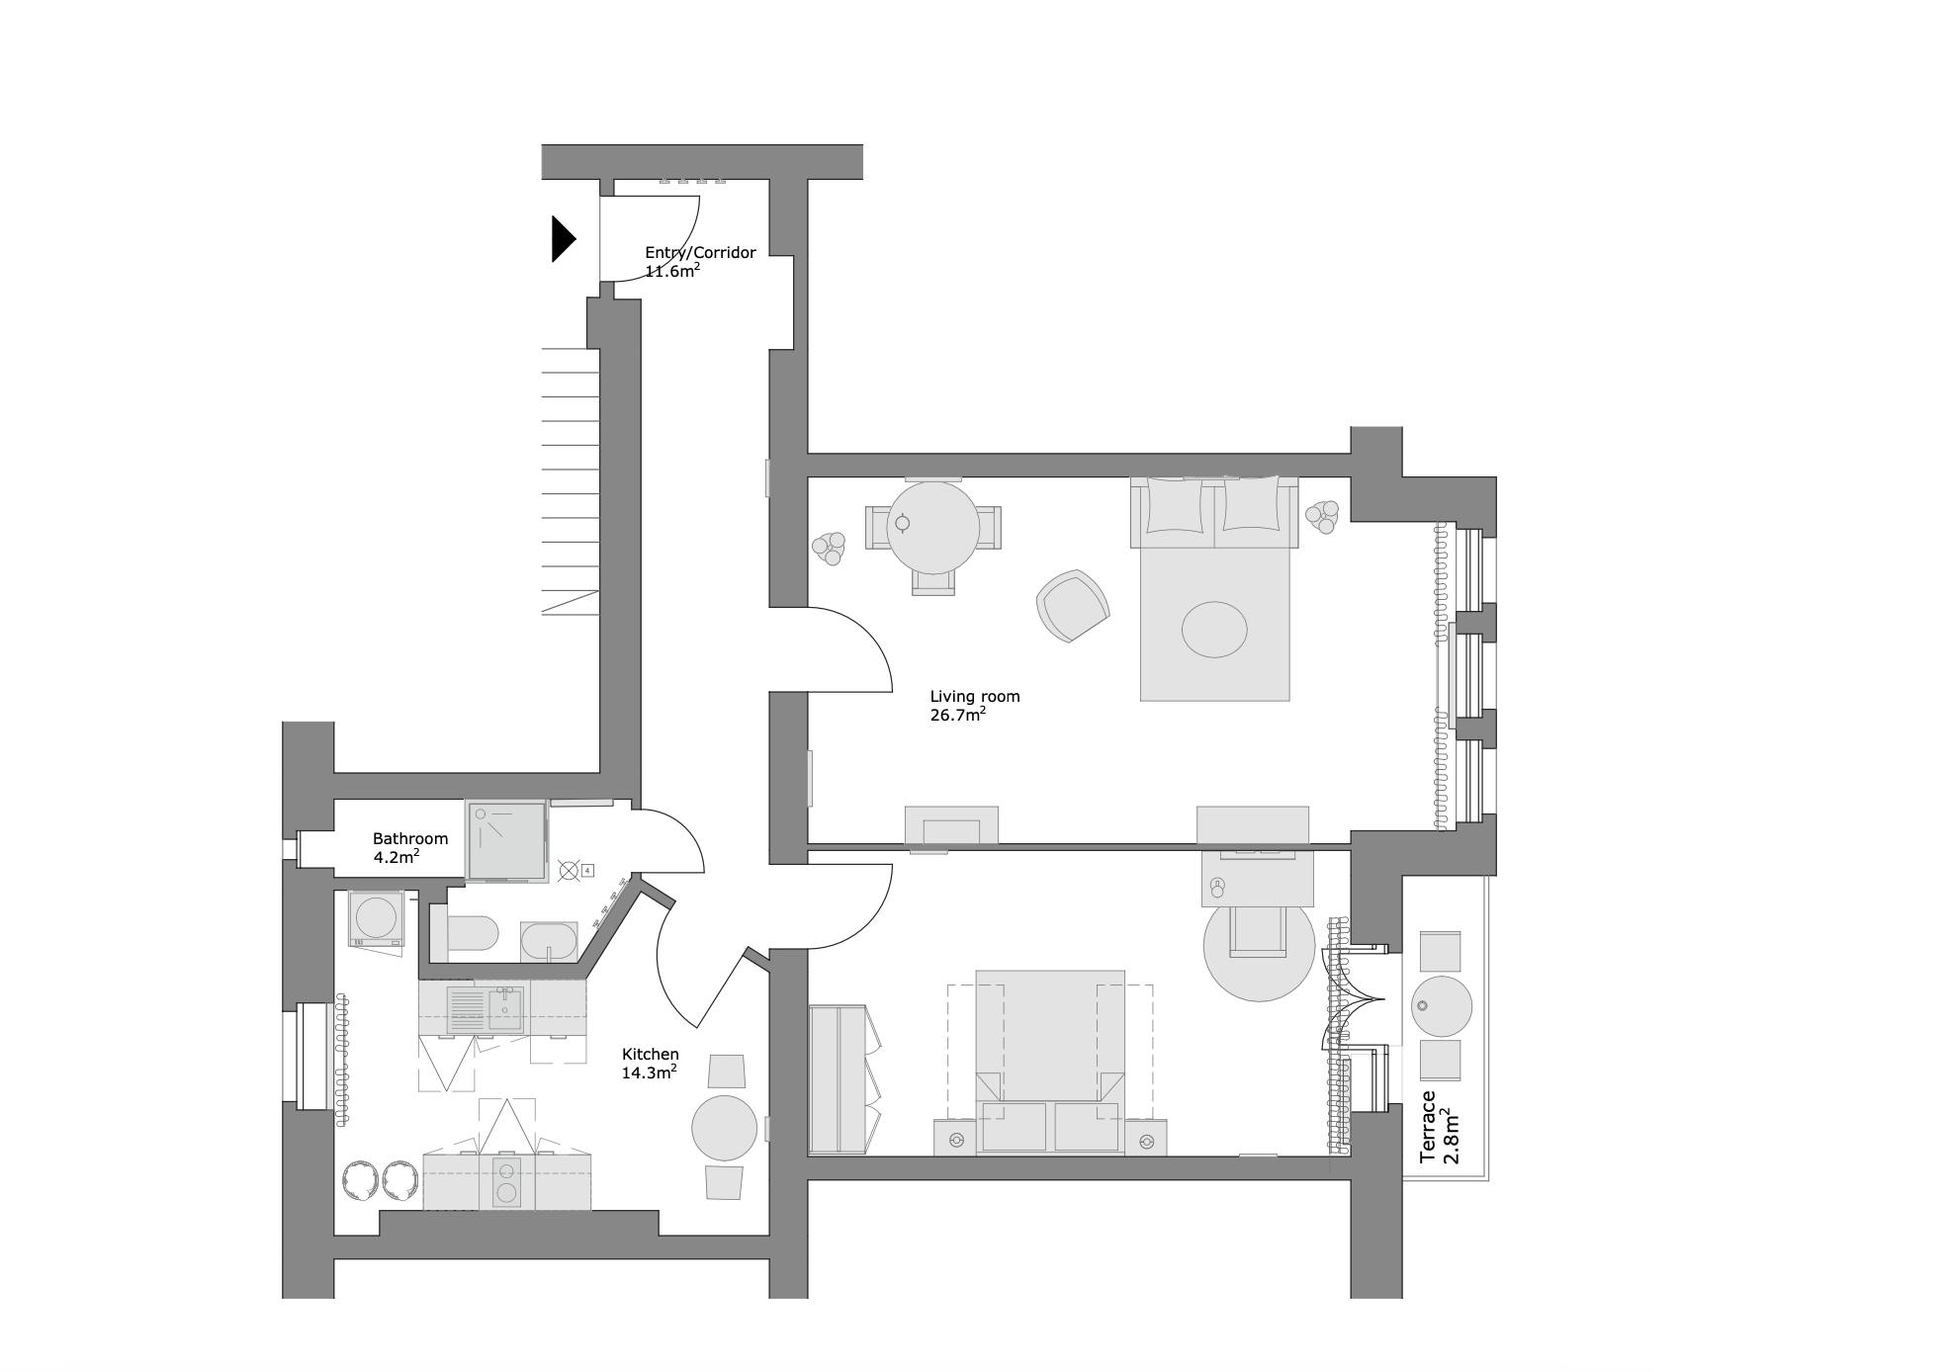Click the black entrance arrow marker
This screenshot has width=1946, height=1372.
(564, 239)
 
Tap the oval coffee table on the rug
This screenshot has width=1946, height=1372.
(1214, 629)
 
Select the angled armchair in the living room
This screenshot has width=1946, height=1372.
(1073, 606)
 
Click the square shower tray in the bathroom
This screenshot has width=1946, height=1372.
(506, 840)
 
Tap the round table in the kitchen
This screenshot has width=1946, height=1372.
(725, 1128)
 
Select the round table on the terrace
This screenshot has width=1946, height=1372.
(1441, 1006)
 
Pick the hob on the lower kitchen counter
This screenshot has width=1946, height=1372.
(506, 1182)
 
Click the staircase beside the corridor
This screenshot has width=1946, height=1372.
(571, 481)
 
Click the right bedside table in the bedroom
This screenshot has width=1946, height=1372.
(1146, 1138)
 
